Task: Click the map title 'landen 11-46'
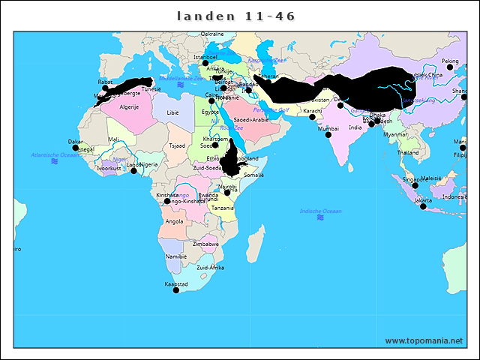pyautogui.click(x=236, y=16)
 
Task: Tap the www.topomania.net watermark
pyautogui.click(x=424, y=340)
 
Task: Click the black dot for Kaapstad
pyautogui.click(x=176, y=290)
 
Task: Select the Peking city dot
pyautogui.click(x=450, y=67)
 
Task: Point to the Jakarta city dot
pyautogui.click(x=423, y=206)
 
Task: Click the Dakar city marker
pyautogui.click(x=75, y=147)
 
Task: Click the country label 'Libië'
pyautogui.click(x=173, y=112)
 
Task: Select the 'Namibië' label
pyautogui.click(x=175, y=256)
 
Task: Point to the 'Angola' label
pyautogui.click(x=173, y=221)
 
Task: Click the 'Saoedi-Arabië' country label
pyautogui.click(x=251, y=119)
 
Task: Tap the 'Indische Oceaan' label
pyautogui.click(x=320, y=211)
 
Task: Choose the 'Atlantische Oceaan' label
pyautogui.click(x=54, y=154)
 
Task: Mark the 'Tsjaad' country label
pyautogui.click(x=177, y=145)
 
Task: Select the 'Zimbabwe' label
pyautogui.click(x=205, y=244)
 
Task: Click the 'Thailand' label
pyautogui.click(x=408, y=152)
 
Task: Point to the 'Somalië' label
pyautogui.click(x=254, y=175)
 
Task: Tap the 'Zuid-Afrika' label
pyautogui.click(x=210, y=267)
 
